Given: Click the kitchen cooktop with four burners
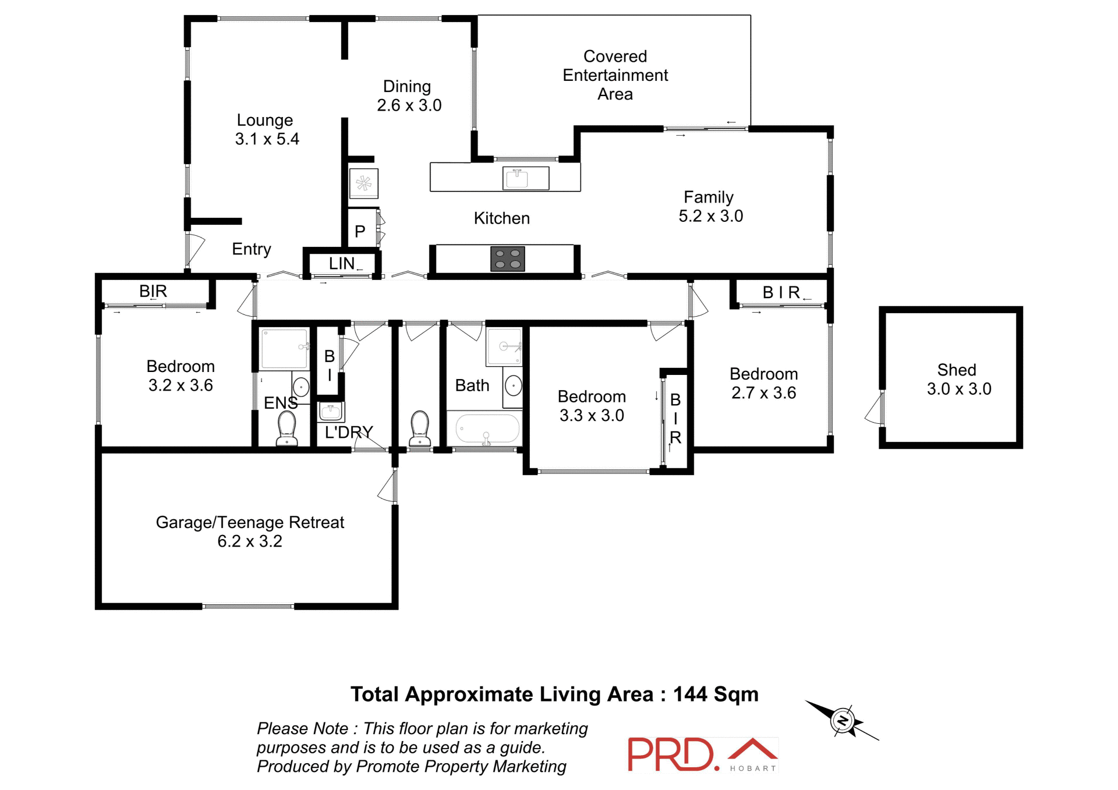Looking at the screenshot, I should [508, 259].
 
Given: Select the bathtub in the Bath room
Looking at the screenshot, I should [487, 429].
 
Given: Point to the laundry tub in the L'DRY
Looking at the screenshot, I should [330, 412].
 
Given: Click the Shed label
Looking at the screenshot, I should [956, 370].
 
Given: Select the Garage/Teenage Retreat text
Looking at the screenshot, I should [250, 522].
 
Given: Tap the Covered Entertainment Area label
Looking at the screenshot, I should [615, 75].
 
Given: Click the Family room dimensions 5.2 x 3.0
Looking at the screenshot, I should [710, 216].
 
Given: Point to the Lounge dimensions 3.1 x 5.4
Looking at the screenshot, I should [267, 139].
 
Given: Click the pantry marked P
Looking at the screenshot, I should [360, 232].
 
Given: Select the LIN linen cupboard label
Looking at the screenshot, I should [342, 264].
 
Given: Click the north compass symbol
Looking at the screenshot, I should [842, 721].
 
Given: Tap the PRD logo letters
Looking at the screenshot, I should [671, 755].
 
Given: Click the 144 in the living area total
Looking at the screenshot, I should [690, 695].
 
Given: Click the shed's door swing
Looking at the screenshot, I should [875, 410].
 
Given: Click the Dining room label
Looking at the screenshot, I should [407, 86].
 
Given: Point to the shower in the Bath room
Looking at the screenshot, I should [504, 347].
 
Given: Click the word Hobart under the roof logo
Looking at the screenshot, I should [753, 768].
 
